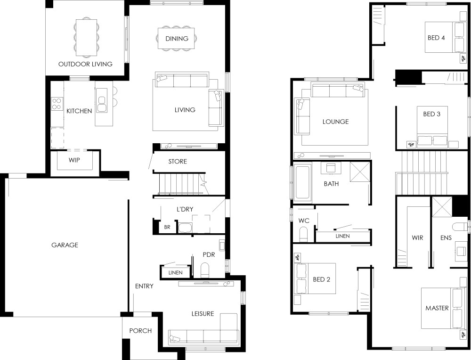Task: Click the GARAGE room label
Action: (x=65, y=245)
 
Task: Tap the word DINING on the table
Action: (x=177, y=39)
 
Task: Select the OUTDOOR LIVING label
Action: (x=85, y=64)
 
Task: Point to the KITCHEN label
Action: (x=79, y=111)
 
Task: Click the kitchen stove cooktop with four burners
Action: (x=57, y=104)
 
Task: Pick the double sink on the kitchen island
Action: (x=102, y=104)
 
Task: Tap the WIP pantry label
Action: (x=74, y=160)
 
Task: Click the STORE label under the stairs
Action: (x=178, y=161)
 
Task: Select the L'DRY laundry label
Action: (x=185, y=209)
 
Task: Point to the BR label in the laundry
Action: (x=167, y=227)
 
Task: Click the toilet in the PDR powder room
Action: (x=205, y=270)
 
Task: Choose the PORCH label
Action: (x=140, y=331)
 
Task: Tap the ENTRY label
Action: (x=144, y=286)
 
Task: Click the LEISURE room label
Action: (x=203, y=314)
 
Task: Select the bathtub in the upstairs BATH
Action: (x=302, y=182)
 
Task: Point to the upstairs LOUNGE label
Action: (x=335, y=122)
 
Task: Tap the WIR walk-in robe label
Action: (x=417, y=237)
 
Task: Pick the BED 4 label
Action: (x=436, y=38)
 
